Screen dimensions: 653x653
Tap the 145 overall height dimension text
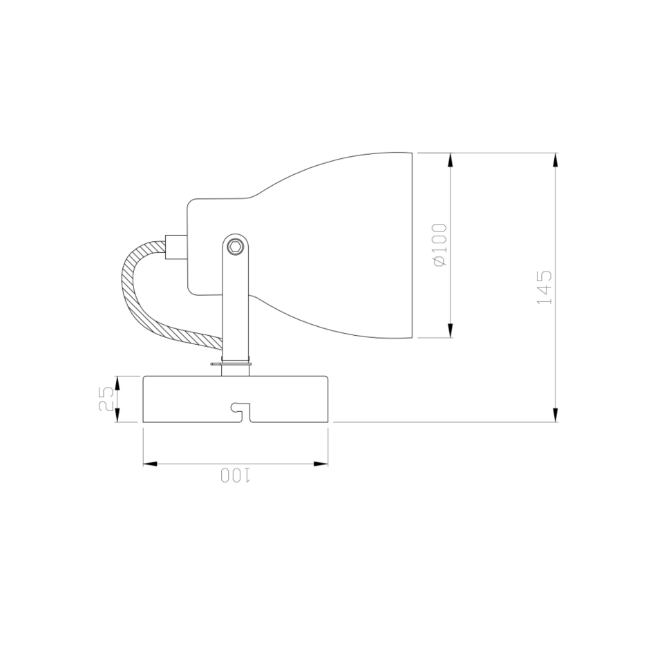coord(545,287)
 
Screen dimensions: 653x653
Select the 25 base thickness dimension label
coord(106,399)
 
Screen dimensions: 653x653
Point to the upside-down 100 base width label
coord(236,475)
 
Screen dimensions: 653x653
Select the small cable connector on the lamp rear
coord(175,246)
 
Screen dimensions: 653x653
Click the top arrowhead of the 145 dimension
coord(556,160)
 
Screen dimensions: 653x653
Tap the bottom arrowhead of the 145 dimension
coord(556,415)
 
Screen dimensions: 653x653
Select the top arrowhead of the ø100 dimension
coord(451,160)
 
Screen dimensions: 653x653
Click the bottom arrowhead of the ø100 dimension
coord(451,331)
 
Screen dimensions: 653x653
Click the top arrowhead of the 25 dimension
coord(117,382)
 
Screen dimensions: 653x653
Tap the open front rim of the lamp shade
coord(412,245)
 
